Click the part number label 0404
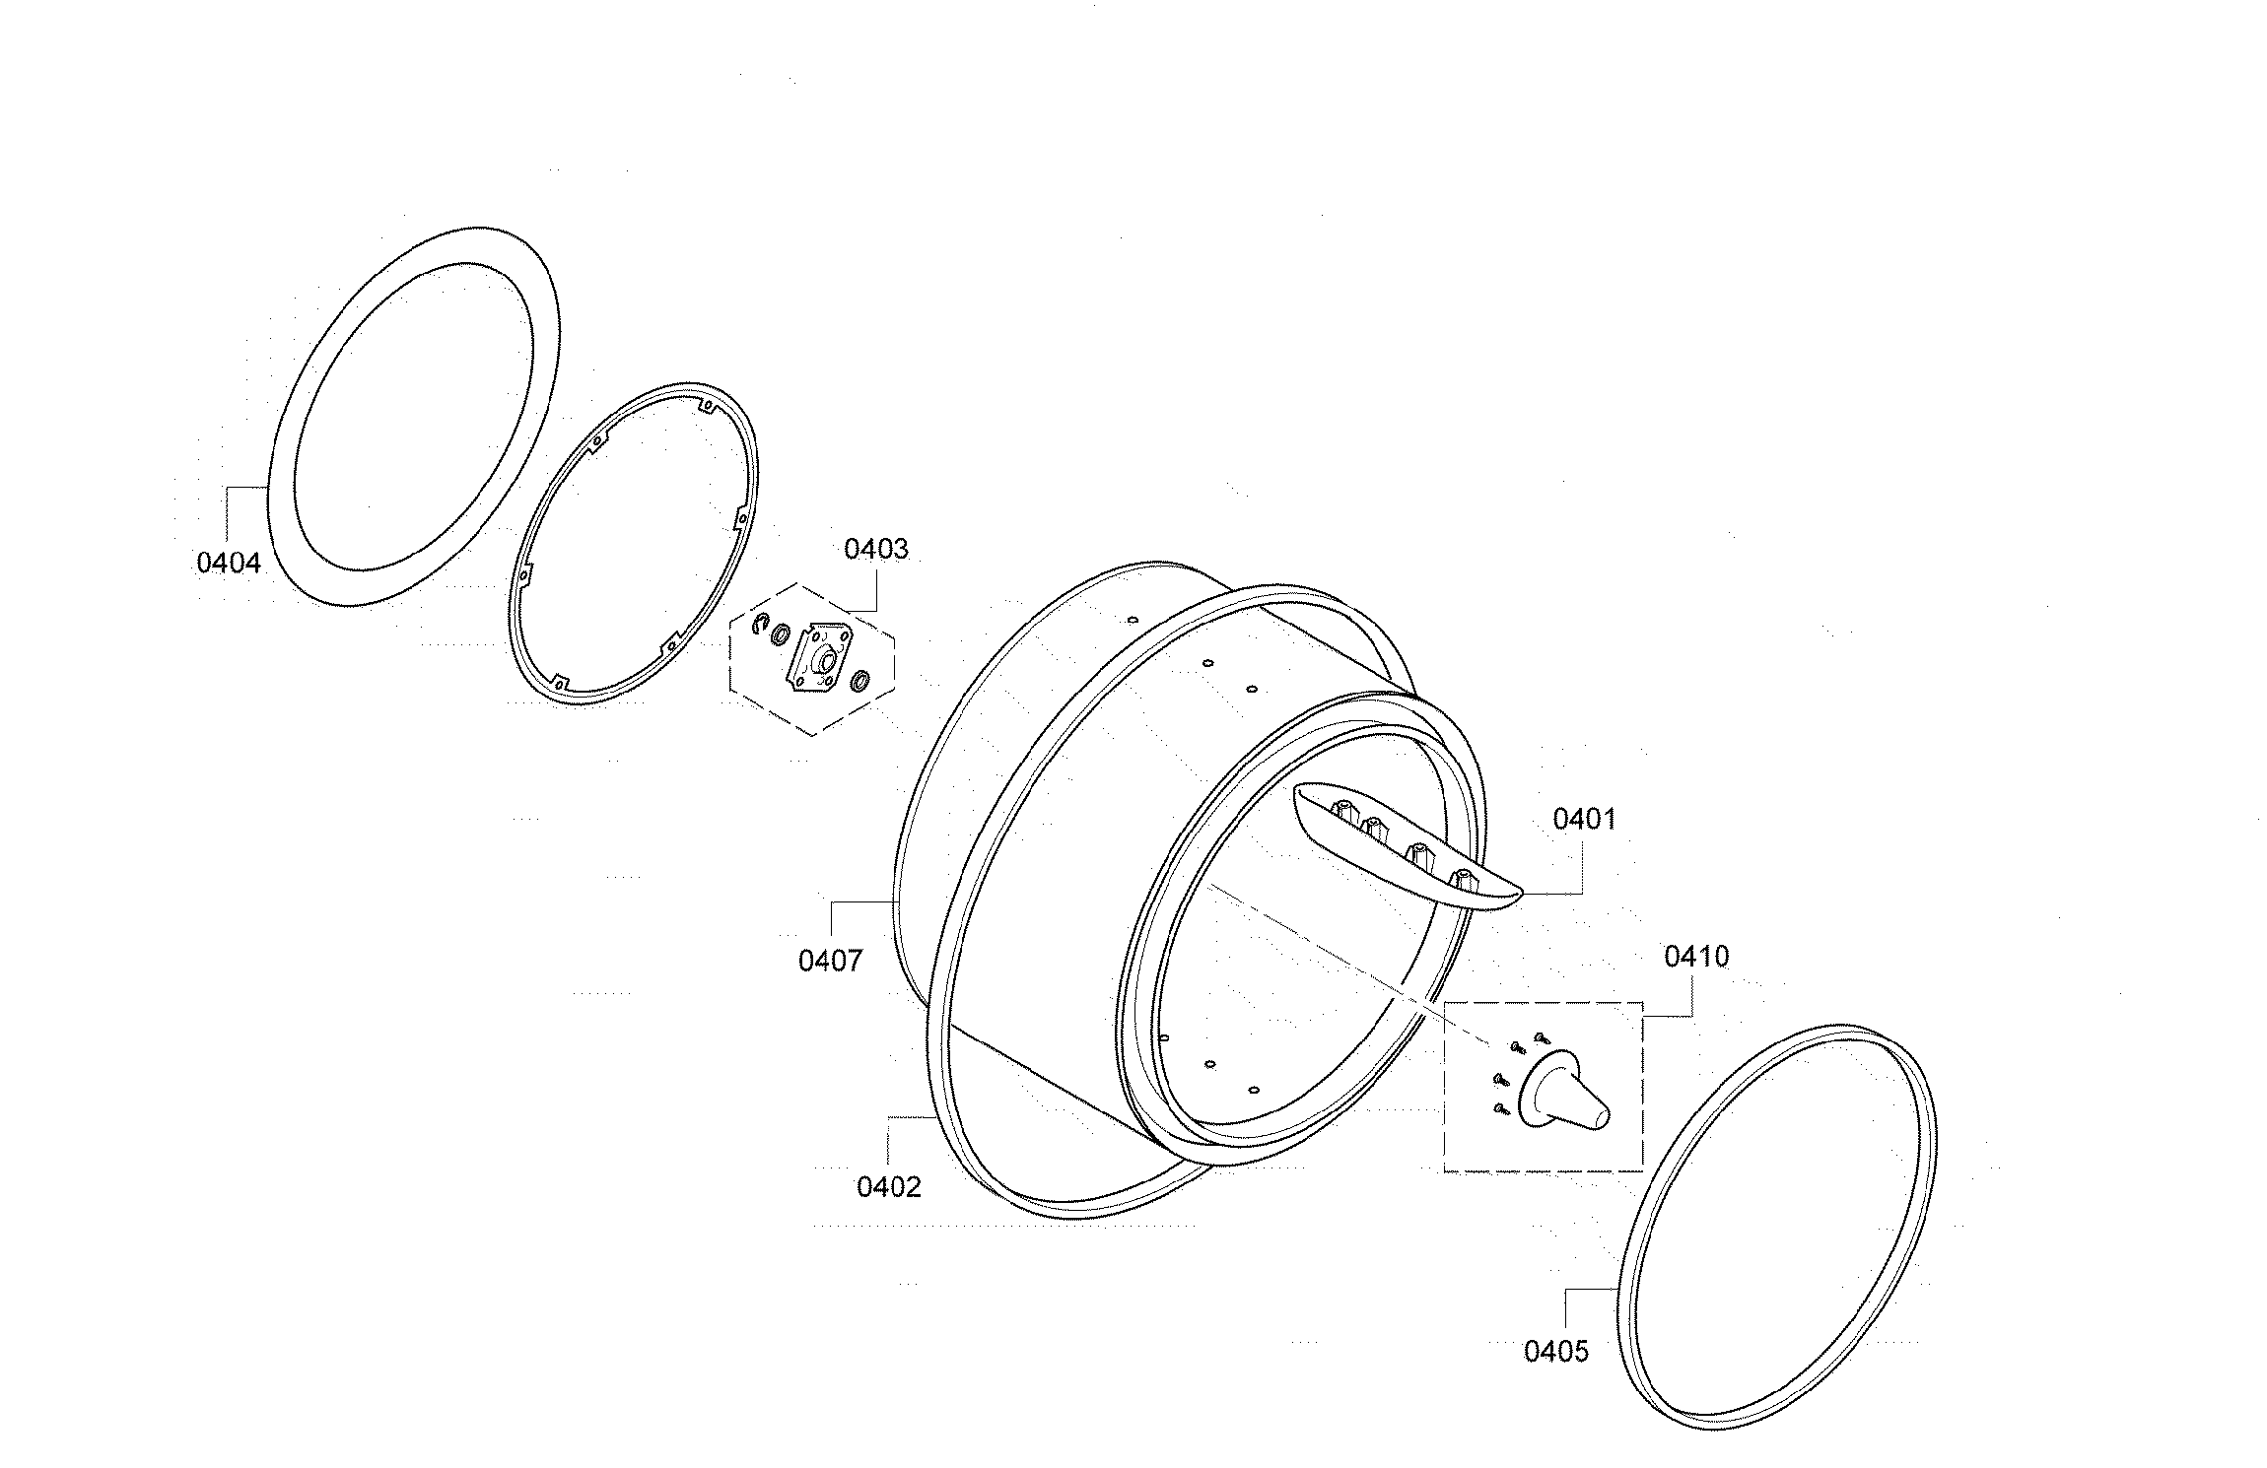[x=229, y=563]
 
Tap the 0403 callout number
[x=875, y=549]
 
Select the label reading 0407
[x=830, y=961]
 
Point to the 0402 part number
[x=888, y=1187]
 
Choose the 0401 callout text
[x=1585, y=819]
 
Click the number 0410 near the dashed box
[x=1696, y=957]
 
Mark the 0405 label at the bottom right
[x=1556, y=1351]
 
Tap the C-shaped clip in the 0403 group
[x=760, y=624]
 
